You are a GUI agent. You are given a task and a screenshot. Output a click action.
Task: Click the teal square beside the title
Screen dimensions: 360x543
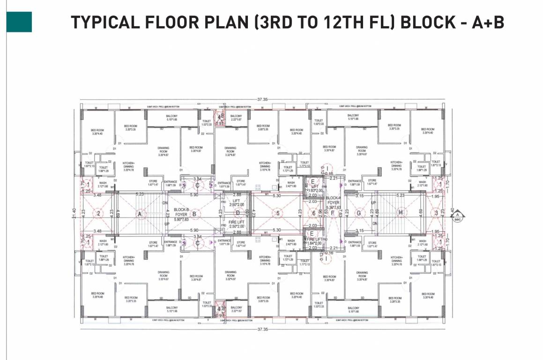click(x=19, y=22)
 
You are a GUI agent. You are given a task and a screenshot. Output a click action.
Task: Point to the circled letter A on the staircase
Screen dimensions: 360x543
click(x=139, y=214)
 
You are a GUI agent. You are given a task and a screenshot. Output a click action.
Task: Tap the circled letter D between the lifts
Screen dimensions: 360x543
click(x=238, y=213)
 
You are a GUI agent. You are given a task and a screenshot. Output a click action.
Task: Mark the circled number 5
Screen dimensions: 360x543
click(x=277, y=214)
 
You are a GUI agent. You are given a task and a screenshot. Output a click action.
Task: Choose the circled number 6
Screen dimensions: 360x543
click(x=314, y=214)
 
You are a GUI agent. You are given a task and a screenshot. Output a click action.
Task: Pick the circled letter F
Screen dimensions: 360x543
click(x=332, y=214)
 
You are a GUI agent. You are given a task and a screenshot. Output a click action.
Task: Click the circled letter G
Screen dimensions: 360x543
click(x=359, y=213)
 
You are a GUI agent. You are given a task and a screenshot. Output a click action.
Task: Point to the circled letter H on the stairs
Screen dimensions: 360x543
click(x=401, y=213)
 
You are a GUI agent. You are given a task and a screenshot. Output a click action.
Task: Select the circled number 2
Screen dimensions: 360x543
click(x=98, y=214)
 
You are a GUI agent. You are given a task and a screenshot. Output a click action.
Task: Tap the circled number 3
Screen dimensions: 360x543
click(x=436, y=214)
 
